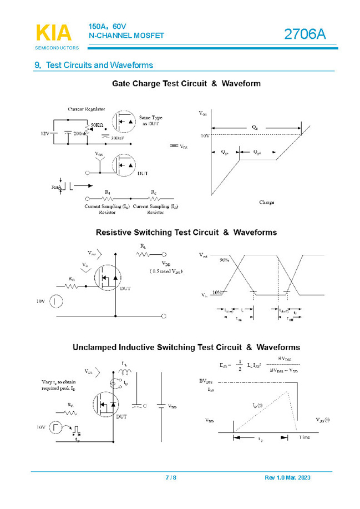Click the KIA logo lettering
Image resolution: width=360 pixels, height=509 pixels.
click(53, 33)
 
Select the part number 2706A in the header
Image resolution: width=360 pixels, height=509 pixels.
click(305, 34)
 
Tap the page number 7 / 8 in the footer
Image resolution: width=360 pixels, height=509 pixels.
click(171, 478)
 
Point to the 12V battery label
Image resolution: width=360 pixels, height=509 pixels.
click(45, 134)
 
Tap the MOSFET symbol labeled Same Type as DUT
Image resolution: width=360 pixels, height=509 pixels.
click(124, 122)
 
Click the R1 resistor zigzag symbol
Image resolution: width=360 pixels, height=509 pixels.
click(108, 198)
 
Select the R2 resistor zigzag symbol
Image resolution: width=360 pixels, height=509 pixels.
click(154, 198)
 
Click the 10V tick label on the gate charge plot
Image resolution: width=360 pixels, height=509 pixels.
click(205, 135)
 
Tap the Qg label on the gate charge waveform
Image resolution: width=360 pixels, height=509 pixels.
click(255, 127)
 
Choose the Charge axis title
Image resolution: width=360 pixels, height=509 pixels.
click(266, 203)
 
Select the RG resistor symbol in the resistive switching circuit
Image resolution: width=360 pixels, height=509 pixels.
click(72, 286)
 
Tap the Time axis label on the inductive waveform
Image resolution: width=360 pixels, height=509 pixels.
click(305, 437)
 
